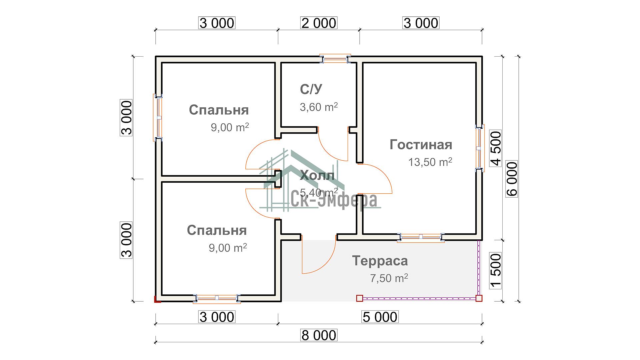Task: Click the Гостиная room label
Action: [x=421, y=145]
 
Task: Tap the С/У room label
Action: [x=311, y=89]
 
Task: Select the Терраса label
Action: [x=380, y=261]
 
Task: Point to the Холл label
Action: [x=317, y=176]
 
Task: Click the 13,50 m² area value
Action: [x=430, y=162]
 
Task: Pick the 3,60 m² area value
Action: [x=319, y=107]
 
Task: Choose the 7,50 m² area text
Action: [x=389, y=278]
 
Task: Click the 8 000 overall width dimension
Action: [x=319, y=335]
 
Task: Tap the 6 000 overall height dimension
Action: [x=512, y=179]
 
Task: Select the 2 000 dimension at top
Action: [x=319, y=23]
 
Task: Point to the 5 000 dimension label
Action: [x=380, y=317]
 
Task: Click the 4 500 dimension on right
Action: [x=496, y=148]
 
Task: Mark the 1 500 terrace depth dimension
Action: [x=496, y=270]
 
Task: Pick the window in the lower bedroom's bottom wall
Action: [x=217, y=298]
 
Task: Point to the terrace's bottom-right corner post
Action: [x=479, y=298]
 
